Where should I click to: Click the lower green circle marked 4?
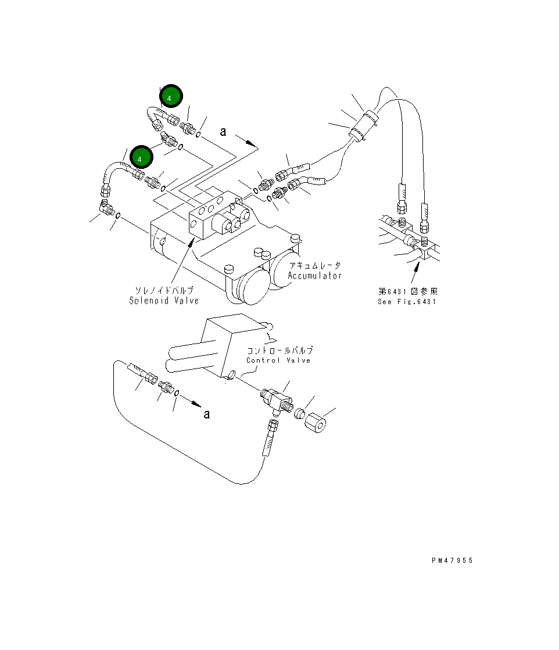(x=141, y=157)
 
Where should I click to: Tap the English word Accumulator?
(x=314, y=276)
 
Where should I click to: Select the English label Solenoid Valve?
(x=163, y=301)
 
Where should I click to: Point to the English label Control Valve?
(x=278, y=360)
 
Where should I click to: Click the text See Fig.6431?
(x=406, y=301)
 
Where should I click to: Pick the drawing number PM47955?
(x=452, y=561)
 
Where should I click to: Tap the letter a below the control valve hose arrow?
(x=206, y=414)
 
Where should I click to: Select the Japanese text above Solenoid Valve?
(x=164, y=290)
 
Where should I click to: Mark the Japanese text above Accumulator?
(x=314, y=265)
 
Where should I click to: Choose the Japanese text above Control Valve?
(x=279, y=351)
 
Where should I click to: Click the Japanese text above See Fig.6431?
(x=407, y=291)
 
